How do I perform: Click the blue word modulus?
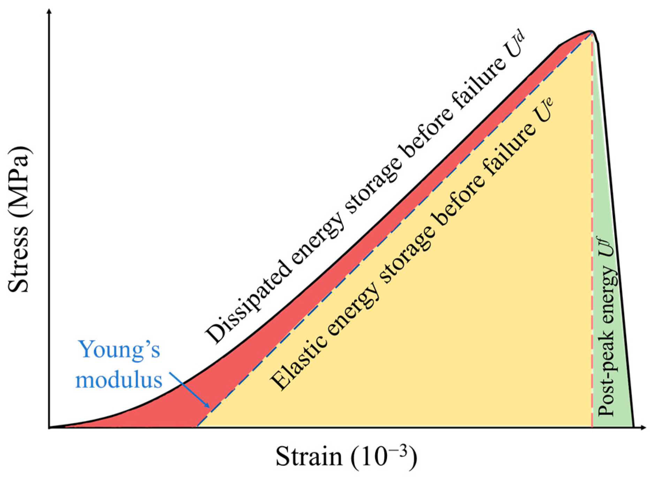click(119, 380)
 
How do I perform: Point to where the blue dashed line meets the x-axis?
click(197, 426)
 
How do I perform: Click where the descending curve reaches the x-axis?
click(633, 427)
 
